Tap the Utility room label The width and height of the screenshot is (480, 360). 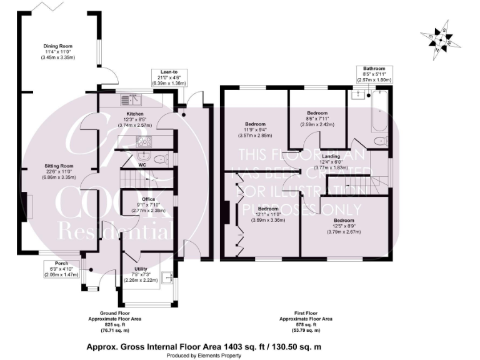[x=140, y=274]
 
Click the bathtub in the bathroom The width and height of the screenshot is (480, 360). [x=379, y=112]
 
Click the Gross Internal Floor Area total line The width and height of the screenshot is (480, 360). [x=203, y=346]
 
